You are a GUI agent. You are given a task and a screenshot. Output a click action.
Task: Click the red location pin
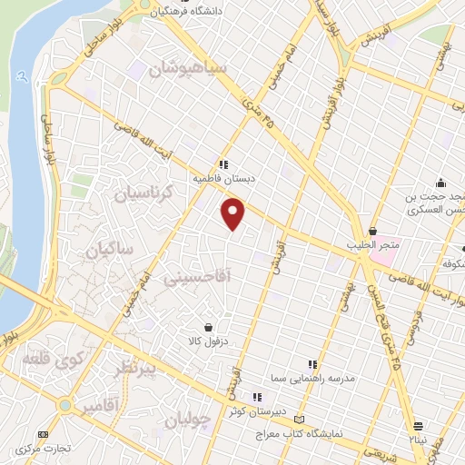234,214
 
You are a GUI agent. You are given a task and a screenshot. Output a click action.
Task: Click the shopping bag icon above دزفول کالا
210,327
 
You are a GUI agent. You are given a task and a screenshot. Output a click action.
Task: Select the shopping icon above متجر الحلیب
372,231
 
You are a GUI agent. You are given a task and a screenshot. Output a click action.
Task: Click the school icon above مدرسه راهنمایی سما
312,363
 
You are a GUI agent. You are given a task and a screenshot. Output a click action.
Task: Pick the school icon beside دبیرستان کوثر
258,397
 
